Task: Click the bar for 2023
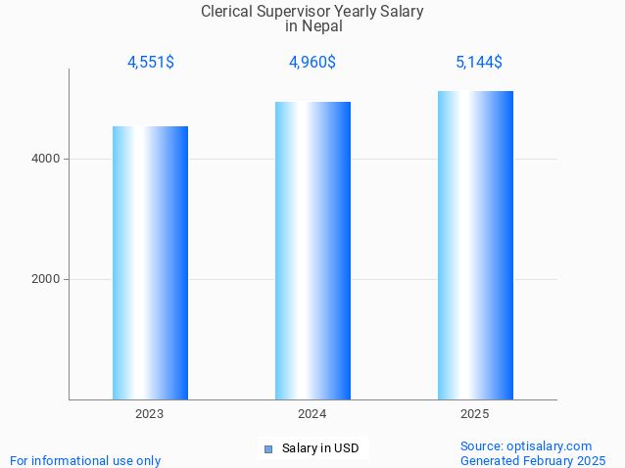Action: pyautogui.click(x=150, y=262)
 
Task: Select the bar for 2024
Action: pyautogui.click(x=312, y=251)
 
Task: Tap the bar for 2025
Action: pyautogui.click(x=475, y=245)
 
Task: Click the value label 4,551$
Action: pyautogui.click(x=150, y=63)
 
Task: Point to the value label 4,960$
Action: pyautogui.click(x=312, y=63)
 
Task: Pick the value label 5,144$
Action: pyautogui.click(x=478, y=63)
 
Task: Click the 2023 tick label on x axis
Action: pyautogui.click(x=150, y=414)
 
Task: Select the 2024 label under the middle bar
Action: pyautogui.click(x=312, y=414)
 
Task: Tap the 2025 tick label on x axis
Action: pyautogui.click(x=475, y=414)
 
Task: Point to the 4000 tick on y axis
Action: pyautogui.click(x=46, y=159)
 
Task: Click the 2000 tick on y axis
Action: pyautogui.click(x=46, y=279)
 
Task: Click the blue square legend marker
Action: pyautogui.click(x=267, y=449)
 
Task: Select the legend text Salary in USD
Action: pyautogui.click(x=319, y=448)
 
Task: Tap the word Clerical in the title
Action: pyautogui.click(x=227, y=12)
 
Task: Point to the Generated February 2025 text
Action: pyautogui.click(x=533, y=460)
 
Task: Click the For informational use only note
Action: pyautogui.click(x=85, y=460)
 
